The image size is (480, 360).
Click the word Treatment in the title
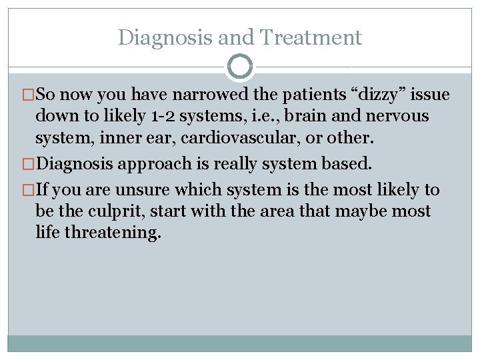pos(312,37)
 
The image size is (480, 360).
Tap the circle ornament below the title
pos(240,67)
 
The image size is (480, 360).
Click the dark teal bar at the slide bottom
pos(240,343)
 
